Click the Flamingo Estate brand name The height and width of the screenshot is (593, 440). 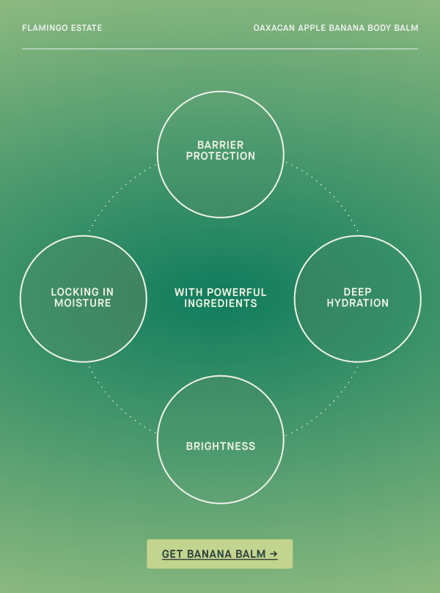click(62, 28)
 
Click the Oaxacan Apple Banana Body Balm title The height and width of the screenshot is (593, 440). click(336, 28)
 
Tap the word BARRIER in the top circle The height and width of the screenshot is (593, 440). click(221, 145)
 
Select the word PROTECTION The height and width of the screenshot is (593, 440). click(221, 156)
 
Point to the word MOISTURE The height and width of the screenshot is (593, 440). click(82, 303)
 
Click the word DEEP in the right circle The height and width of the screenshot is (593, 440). click(358, 292)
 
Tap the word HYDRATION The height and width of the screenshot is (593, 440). click(358, 303)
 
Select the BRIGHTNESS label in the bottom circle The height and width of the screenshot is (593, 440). click(221, 446)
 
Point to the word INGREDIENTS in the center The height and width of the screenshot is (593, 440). click(221, 303)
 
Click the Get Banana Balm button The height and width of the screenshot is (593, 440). click(220, 553)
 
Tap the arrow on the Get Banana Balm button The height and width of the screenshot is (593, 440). click(274, 554)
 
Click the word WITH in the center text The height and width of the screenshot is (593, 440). click(189, 292)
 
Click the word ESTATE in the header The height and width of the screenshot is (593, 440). click(87, 28)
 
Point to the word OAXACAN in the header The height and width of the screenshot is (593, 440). click(274, 28)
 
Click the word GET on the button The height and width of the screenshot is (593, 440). click(172, 554)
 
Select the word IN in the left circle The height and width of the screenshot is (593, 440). click(108, 292)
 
